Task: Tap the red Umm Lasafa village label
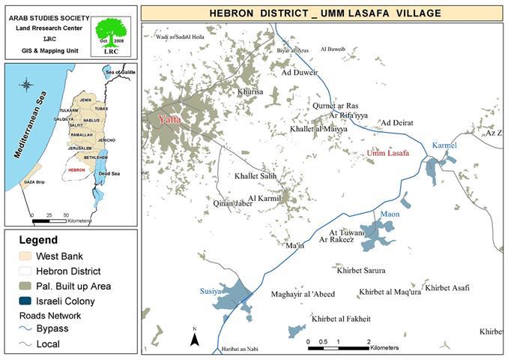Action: coord(388,153)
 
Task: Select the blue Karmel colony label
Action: coord(445,144)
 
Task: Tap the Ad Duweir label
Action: coord(299,73)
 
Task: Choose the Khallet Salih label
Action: coord(256,176)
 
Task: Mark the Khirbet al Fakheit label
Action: coord(342,319)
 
